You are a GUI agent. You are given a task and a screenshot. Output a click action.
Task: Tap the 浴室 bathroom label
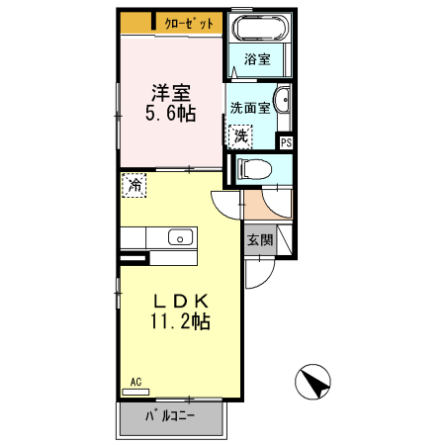(x=257, y=59)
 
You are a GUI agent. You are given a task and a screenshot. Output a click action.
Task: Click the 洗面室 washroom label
(x=250, y=107)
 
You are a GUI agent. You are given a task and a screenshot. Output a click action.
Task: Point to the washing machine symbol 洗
(x=241, y=133)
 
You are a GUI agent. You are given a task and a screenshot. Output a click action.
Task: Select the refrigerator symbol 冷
(x=133, y=184)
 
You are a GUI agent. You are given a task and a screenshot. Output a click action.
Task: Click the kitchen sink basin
(x=179, y=237)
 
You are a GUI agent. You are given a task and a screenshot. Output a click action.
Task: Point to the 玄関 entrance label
(x=260, y=240)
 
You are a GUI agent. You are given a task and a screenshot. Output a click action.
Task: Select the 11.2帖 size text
(x=179, y=322)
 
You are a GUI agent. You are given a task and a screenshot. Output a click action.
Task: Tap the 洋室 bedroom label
(x=171, y=94)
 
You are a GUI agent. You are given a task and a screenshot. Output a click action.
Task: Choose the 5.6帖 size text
(x=171, y=114)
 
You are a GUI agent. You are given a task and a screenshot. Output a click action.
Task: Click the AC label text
(x=134, y=382)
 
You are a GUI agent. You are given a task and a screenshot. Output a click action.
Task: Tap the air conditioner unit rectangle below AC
(x=134, y=393)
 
